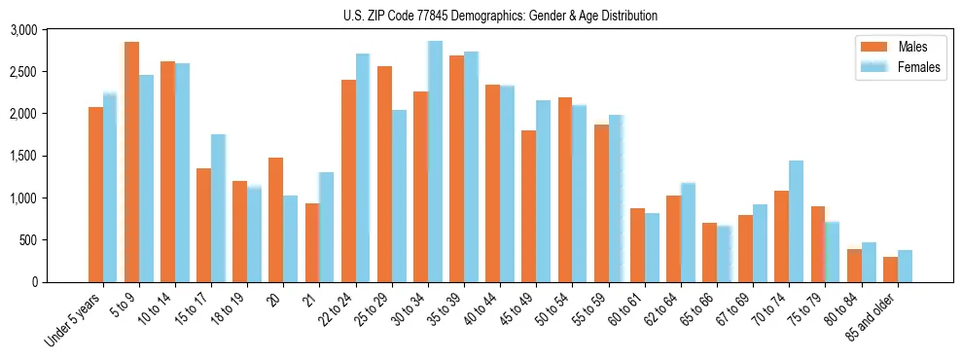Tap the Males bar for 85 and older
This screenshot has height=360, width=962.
tap(891, 270)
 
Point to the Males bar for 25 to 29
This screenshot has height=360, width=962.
tap(384, 174)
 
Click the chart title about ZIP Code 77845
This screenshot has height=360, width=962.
tap(500, 16)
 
